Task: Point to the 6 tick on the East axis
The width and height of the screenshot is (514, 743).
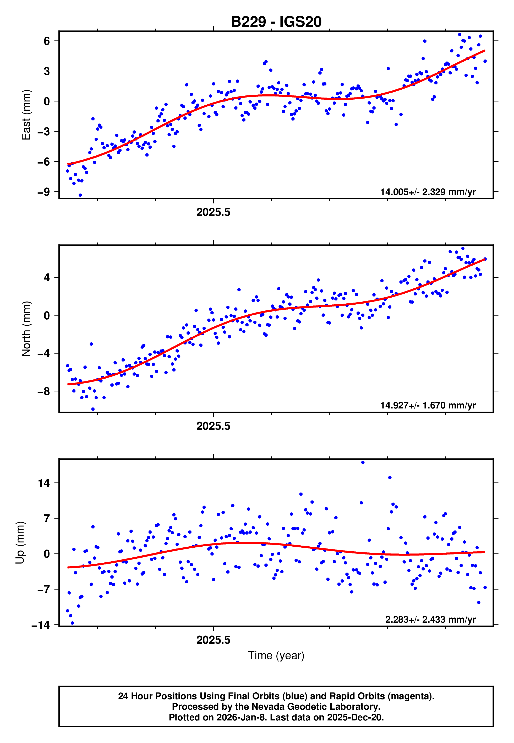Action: [47, 41]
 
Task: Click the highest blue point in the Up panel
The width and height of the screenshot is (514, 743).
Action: [363, 462]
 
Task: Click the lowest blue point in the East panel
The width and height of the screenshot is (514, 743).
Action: [80, 195]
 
